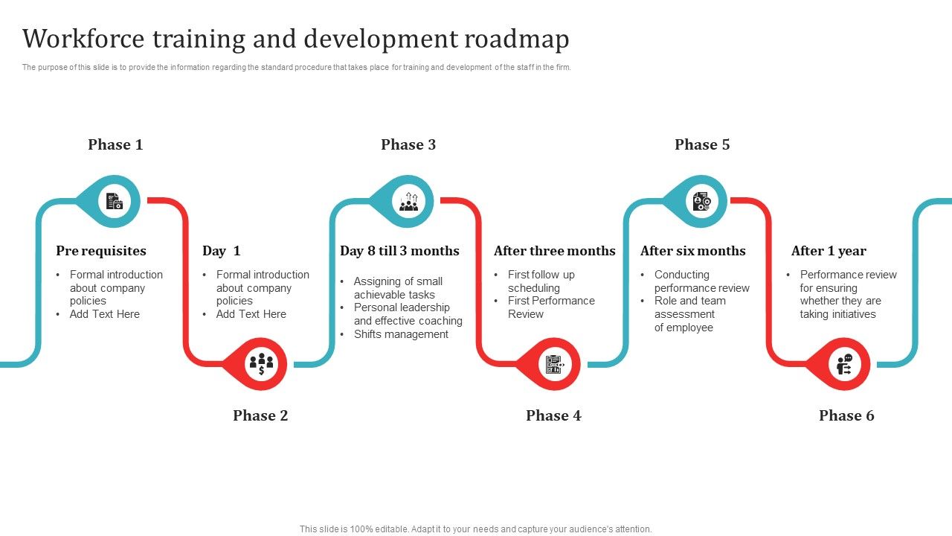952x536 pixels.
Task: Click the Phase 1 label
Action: tap(115, 144)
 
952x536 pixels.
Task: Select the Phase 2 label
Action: tap(260, 415)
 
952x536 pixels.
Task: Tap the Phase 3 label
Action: tap(408, 144)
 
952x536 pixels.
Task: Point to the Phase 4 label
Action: tap(553, 415)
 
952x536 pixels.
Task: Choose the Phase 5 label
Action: tap(702, 144)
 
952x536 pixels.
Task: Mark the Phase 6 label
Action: tap(846, 415)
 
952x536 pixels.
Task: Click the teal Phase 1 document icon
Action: tap(115, 201)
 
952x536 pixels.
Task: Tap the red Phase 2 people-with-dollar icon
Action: tap(261, 364)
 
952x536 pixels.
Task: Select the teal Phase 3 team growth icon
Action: tap(408, 201)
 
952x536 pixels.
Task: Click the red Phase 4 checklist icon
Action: tap(554, 364)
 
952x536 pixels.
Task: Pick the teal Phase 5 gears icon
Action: tap(701, 201)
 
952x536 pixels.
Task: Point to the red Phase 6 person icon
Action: tap(845, 364)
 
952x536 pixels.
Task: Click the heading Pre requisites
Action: tap(101, 251)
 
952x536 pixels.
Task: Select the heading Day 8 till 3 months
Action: tap(399, 251)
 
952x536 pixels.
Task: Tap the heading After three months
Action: tap(555, 251)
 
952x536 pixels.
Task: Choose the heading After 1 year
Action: tap(829, 251)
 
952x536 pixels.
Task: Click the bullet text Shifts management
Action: tap(401, 334)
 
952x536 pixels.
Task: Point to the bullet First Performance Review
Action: tap(551, 307)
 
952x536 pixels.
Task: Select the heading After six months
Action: tap(692, 251)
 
